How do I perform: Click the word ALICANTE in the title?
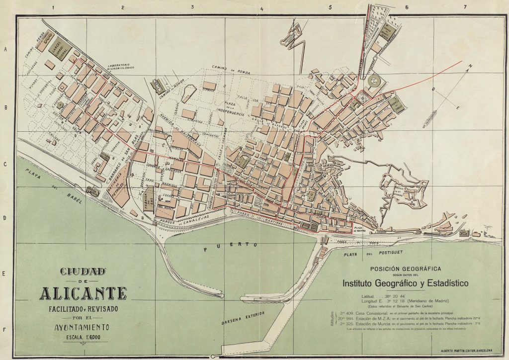pos(83,293)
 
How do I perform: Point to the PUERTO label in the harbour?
pos(231,246)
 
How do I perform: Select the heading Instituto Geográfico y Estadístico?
pos(406,283)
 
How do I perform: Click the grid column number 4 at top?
pos(261,8)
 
